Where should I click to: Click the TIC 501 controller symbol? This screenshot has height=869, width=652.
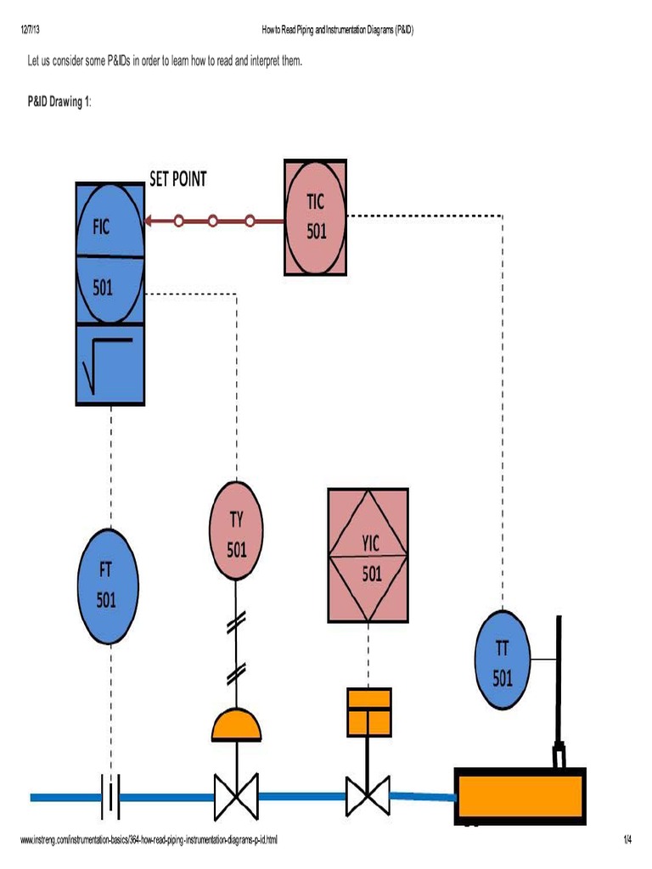point(316,217)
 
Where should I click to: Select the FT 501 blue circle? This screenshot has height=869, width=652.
point(107,586)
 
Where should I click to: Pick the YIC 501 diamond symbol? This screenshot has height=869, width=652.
point(368,555)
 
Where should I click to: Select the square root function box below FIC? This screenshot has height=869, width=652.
point(110,363)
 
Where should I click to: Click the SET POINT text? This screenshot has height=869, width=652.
point(177,179)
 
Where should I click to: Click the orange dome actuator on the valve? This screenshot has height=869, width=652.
point(237,724)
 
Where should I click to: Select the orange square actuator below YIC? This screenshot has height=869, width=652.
point(368,711)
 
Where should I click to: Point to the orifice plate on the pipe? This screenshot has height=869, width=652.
point(110,797)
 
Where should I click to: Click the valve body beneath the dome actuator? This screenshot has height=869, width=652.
point(237,797)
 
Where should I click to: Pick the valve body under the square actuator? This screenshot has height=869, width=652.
point(368,797)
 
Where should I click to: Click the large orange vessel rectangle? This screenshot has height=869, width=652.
point(520,797)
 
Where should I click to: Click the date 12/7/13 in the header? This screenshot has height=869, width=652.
point(31,31)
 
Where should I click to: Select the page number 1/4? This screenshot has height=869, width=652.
point(627,840)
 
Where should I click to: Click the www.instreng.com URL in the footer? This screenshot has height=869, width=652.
point(148,840)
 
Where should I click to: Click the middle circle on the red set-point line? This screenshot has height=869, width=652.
point(213,221)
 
